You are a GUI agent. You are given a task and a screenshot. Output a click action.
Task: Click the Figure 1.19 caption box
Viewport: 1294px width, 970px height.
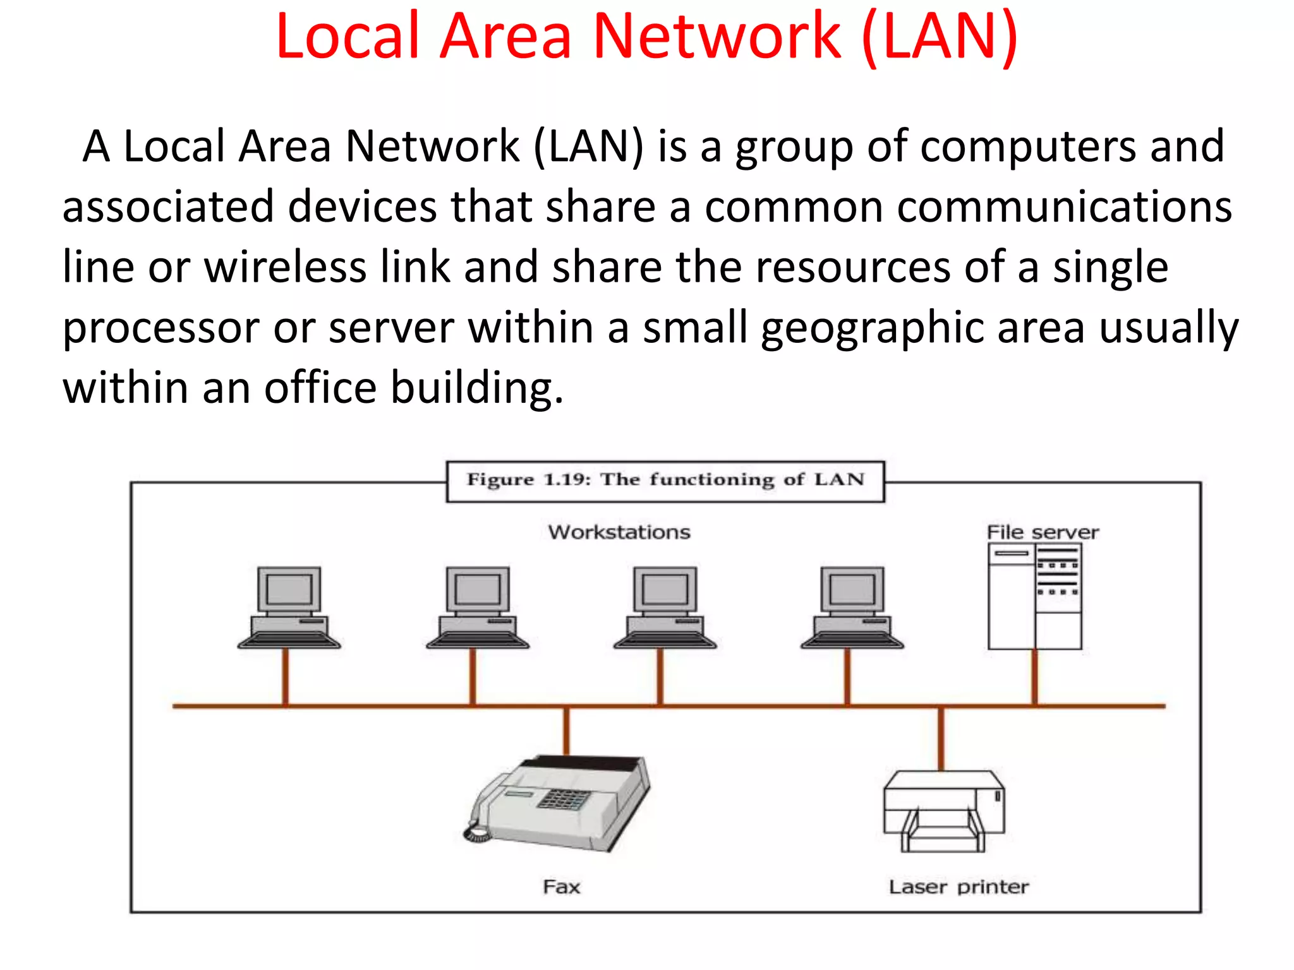click(665, 481)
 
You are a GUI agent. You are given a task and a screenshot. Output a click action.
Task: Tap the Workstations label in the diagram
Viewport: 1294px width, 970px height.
click(619, 532)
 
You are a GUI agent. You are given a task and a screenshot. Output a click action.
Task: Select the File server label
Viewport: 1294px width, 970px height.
click(1043, 532)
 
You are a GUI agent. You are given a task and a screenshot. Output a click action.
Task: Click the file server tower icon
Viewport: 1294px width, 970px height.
click(1034, 596)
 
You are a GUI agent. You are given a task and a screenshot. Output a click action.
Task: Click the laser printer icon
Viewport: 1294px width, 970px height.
click(943, 811)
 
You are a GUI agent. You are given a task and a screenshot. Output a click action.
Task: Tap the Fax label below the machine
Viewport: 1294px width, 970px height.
click(561, 887)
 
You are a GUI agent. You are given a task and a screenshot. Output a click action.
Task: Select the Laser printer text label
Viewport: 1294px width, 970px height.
click(958, 887)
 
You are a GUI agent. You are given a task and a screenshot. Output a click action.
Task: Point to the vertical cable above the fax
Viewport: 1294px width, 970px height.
click(566, 731)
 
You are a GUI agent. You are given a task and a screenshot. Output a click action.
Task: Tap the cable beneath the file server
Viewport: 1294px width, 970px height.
click(1034, 677)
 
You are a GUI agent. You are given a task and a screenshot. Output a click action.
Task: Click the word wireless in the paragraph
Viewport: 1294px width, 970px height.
click(285, 267)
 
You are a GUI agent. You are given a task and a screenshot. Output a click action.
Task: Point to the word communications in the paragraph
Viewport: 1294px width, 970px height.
click(1064, 207)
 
